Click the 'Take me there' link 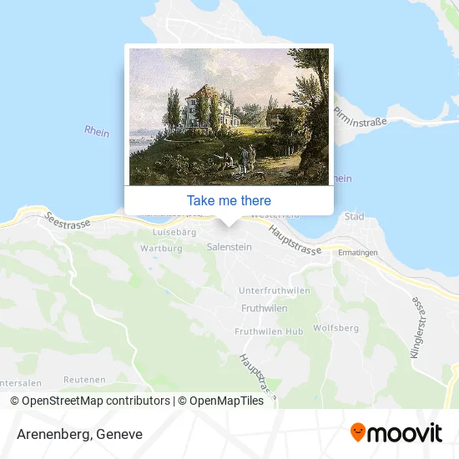tap(229, 200)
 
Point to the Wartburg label tap(161, 249)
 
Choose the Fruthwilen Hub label tap(269, 331)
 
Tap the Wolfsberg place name tap(335, 328)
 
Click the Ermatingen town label tap(358, 252)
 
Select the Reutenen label tap(85, 379)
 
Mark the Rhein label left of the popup tap(97, 131)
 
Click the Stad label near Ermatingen tap(355, 216)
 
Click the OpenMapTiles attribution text tap(220, 401)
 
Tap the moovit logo tap(396, 433)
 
